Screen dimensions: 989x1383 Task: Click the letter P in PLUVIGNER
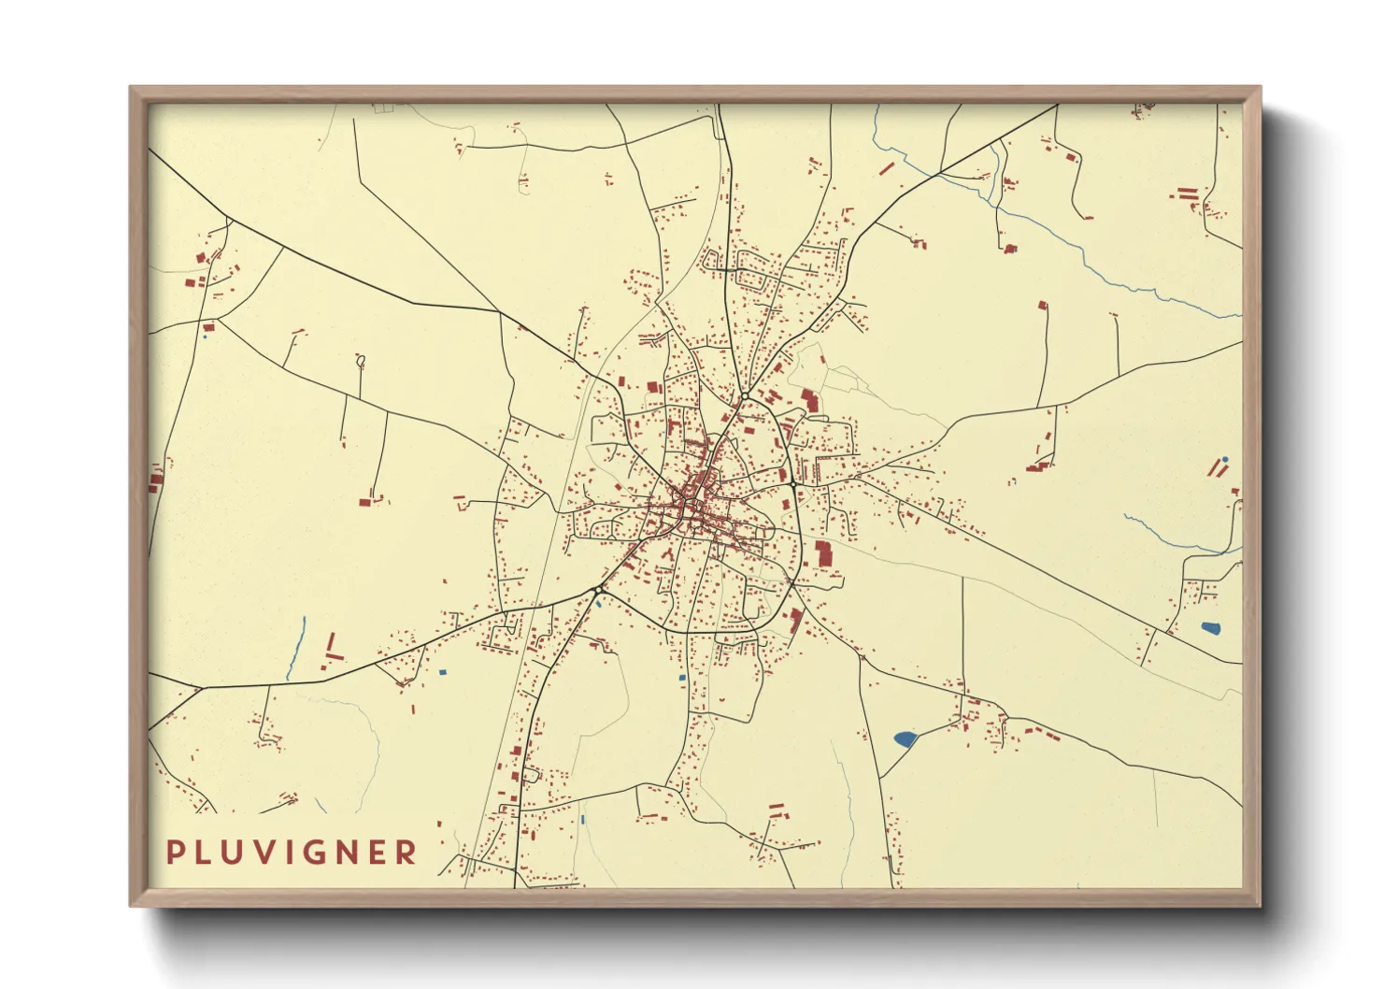[x=174, y=853]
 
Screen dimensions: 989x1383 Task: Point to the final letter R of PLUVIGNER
[x=406, y=853]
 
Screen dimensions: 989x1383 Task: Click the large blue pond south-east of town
[x=905, y=739]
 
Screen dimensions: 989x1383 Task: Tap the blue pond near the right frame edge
[x=1210, y=628]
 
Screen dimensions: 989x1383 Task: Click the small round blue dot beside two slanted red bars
[x=1225, y=460]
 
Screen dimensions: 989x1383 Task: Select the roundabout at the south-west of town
[x=596, y=590]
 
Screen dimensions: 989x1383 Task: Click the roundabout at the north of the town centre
[x=743, y=398]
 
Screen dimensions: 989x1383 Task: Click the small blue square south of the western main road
[x=443, y=671]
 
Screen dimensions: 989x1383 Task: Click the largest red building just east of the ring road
[x=823, y=552]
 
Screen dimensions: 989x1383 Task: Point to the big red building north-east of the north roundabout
[x=809, y=401]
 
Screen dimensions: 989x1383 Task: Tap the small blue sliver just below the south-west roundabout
[x=598, y=603]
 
